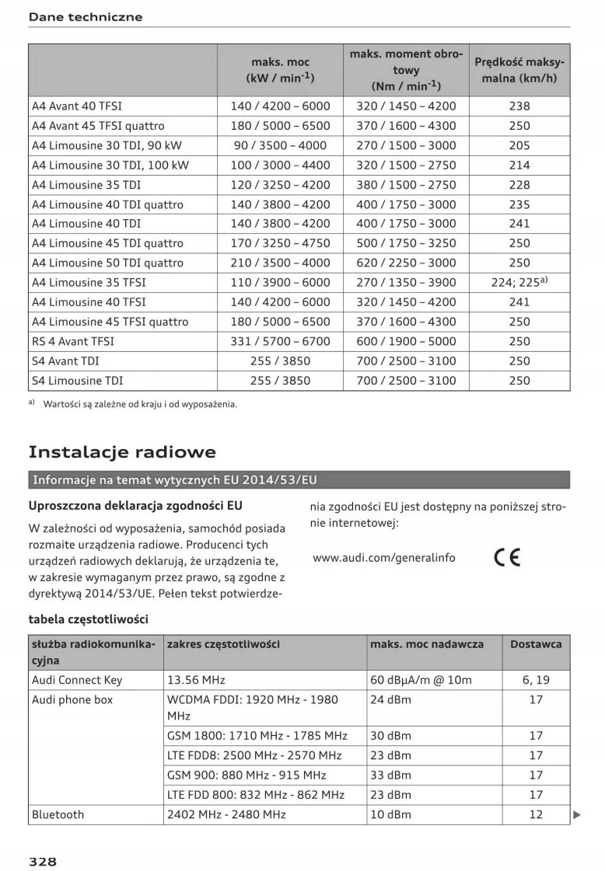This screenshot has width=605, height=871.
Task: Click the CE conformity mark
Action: [507, 557]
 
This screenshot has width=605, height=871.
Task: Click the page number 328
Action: [43, 861]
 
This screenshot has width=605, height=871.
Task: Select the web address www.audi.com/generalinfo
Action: [384, 558]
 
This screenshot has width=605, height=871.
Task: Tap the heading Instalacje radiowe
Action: [122, 452]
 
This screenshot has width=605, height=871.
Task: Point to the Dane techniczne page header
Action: [86, 17]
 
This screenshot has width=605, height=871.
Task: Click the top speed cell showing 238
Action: [519, 106]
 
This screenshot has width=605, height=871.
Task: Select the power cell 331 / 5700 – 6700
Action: [280, 341]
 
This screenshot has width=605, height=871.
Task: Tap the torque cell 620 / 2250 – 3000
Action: [406, 263]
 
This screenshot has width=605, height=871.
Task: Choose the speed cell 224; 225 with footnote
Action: [520, 282]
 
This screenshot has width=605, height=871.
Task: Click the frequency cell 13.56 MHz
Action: [196, 680]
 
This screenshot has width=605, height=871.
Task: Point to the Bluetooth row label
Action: [58, 814]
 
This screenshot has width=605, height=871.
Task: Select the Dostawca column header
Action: [536, 644]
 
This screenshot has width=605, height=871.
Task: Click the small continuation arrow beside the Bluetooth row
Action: [577, 815]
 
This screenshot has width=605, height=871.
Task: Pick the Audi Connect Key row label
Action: [77, 680]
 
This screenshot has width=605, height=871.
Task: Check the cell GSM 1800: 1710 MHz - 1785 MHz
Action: [257, 735]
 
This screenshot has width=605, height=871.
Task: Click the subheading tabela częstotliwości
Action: [88, 619]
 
